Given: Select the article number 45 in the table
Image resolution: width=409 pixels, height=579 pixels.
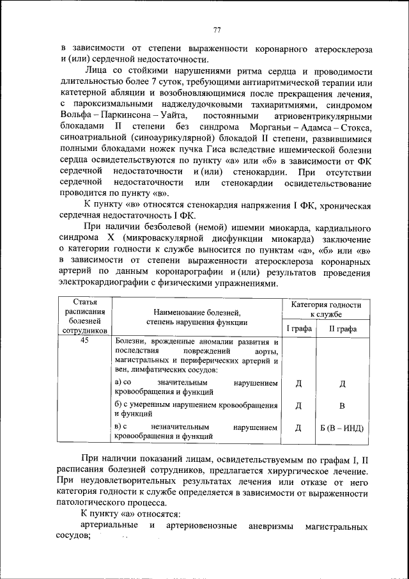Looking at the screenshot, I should [x=84, y=342].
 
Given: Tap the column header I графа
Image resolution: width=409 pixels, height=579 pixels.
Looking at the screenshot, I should [x=298, y=329].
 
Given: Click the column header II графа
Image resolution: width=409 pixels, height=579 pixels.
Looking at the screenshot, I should [x=342, y=329].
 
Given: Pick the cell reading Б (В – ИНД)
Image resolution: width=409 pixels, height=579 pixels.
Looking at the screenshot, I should [x=342, y=428].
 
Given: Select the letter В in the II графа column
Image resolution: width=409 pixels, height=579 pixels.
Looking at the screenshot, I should [x=342, y=406].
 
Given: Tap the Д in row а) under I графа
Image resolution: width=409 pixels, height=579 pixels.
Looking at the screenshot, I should [x=298, y=384].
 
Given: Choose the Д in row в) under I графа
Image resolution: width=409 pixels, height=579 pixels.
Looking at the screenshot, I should [x=298, y=428].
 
